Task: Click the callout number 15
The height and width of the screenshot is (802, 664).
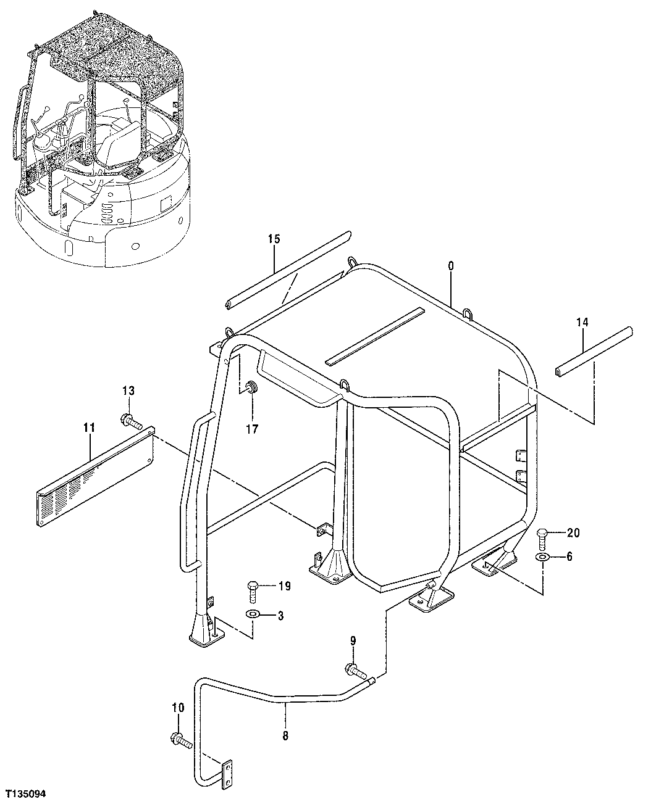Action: [x=274, y=239]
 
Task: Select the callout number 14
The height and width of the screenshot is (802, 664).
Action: [x=582, y=322]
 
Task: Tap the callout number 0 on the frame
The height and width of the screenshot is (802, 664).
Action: [x=450, y=265]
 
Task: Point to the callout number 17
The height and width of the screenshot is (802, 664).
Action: [x=252, y=428]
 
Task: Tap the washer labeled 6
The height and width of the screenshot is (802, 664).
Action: [x=542, y=558]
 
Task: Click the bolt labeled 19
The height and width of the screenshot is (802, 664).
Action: [x=253, y=590]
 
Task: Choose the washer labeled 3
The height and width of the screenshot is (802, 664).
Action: [x=253, y=615]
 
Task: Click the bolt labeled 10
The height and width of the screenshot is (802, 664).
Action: [x=180, y=738]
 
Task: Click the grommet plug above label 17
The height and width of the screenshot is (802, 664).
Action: [x=252, y=389]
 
